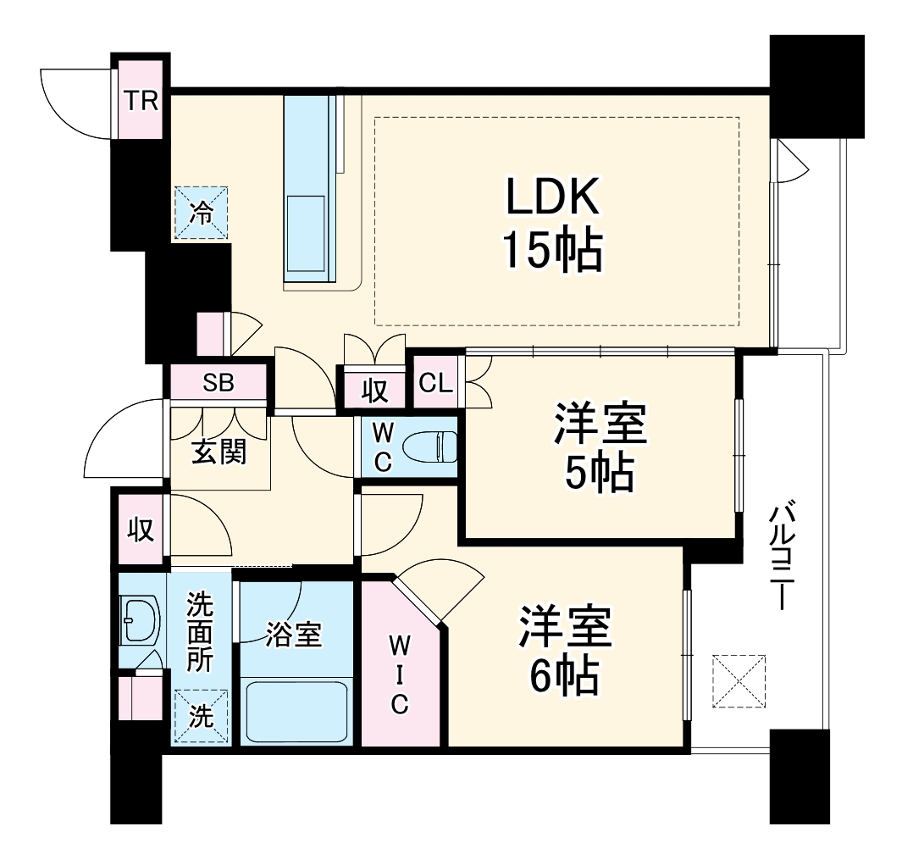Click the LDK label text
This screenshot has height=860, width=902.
click(x=554, y=197)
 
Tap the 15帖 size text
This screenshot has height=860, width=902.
click(x=554, y=251)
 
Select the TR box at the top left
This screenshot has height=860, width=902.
click(x=141, y=101)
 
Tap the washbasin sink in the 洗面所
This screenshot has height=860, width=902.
click(x=139, y=620)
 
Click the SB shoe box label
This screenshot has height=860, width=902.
click(x=219, y=383)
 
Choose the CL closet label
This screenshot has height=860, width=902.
click(x=436, y=383)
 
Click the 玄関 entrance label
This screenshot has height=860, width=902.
click(x=219, y=452)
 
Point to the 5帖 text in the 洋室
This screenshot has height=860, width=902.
click(x=600, y=476)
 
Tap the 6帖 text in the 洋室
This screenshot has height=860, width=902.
click(x=566, y=675)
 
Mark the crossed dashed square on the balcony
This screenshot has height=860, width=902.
click(x=739, y=680)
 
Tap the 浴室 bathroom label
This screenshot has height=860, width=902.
click(x=293, y=635)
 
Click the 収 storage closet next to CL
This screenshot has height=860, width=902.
click(x=375, y=391)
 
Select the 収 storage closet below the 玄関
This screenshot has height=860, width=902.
click(x=141, y=530)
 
